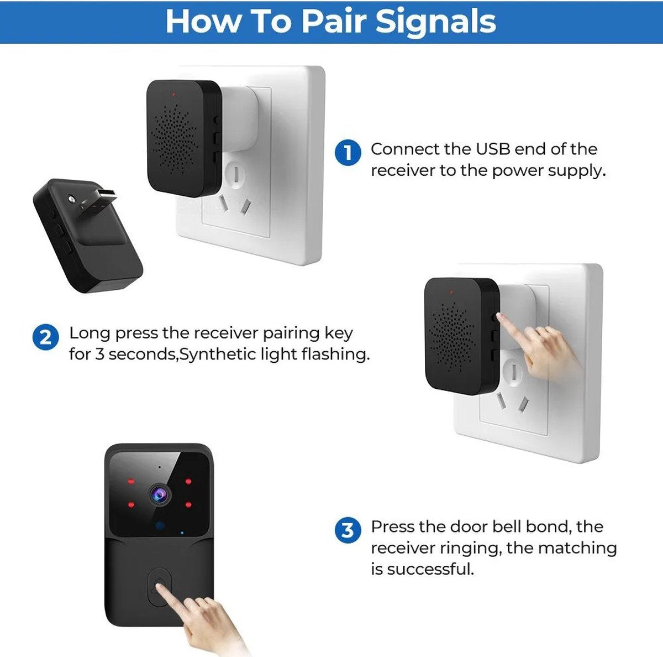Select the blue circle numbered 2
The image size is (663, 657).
pos(45,337)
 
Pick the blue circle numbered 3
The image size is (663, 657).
pos(348,531)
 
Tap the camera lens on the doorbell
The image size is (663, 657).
pos(160,495)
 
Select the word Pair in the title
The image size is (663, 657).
pos(333,22)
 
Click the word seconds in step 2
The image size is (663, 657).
pos(142,354)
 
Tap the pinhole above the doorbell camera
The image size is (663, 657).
pos(159,467)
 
